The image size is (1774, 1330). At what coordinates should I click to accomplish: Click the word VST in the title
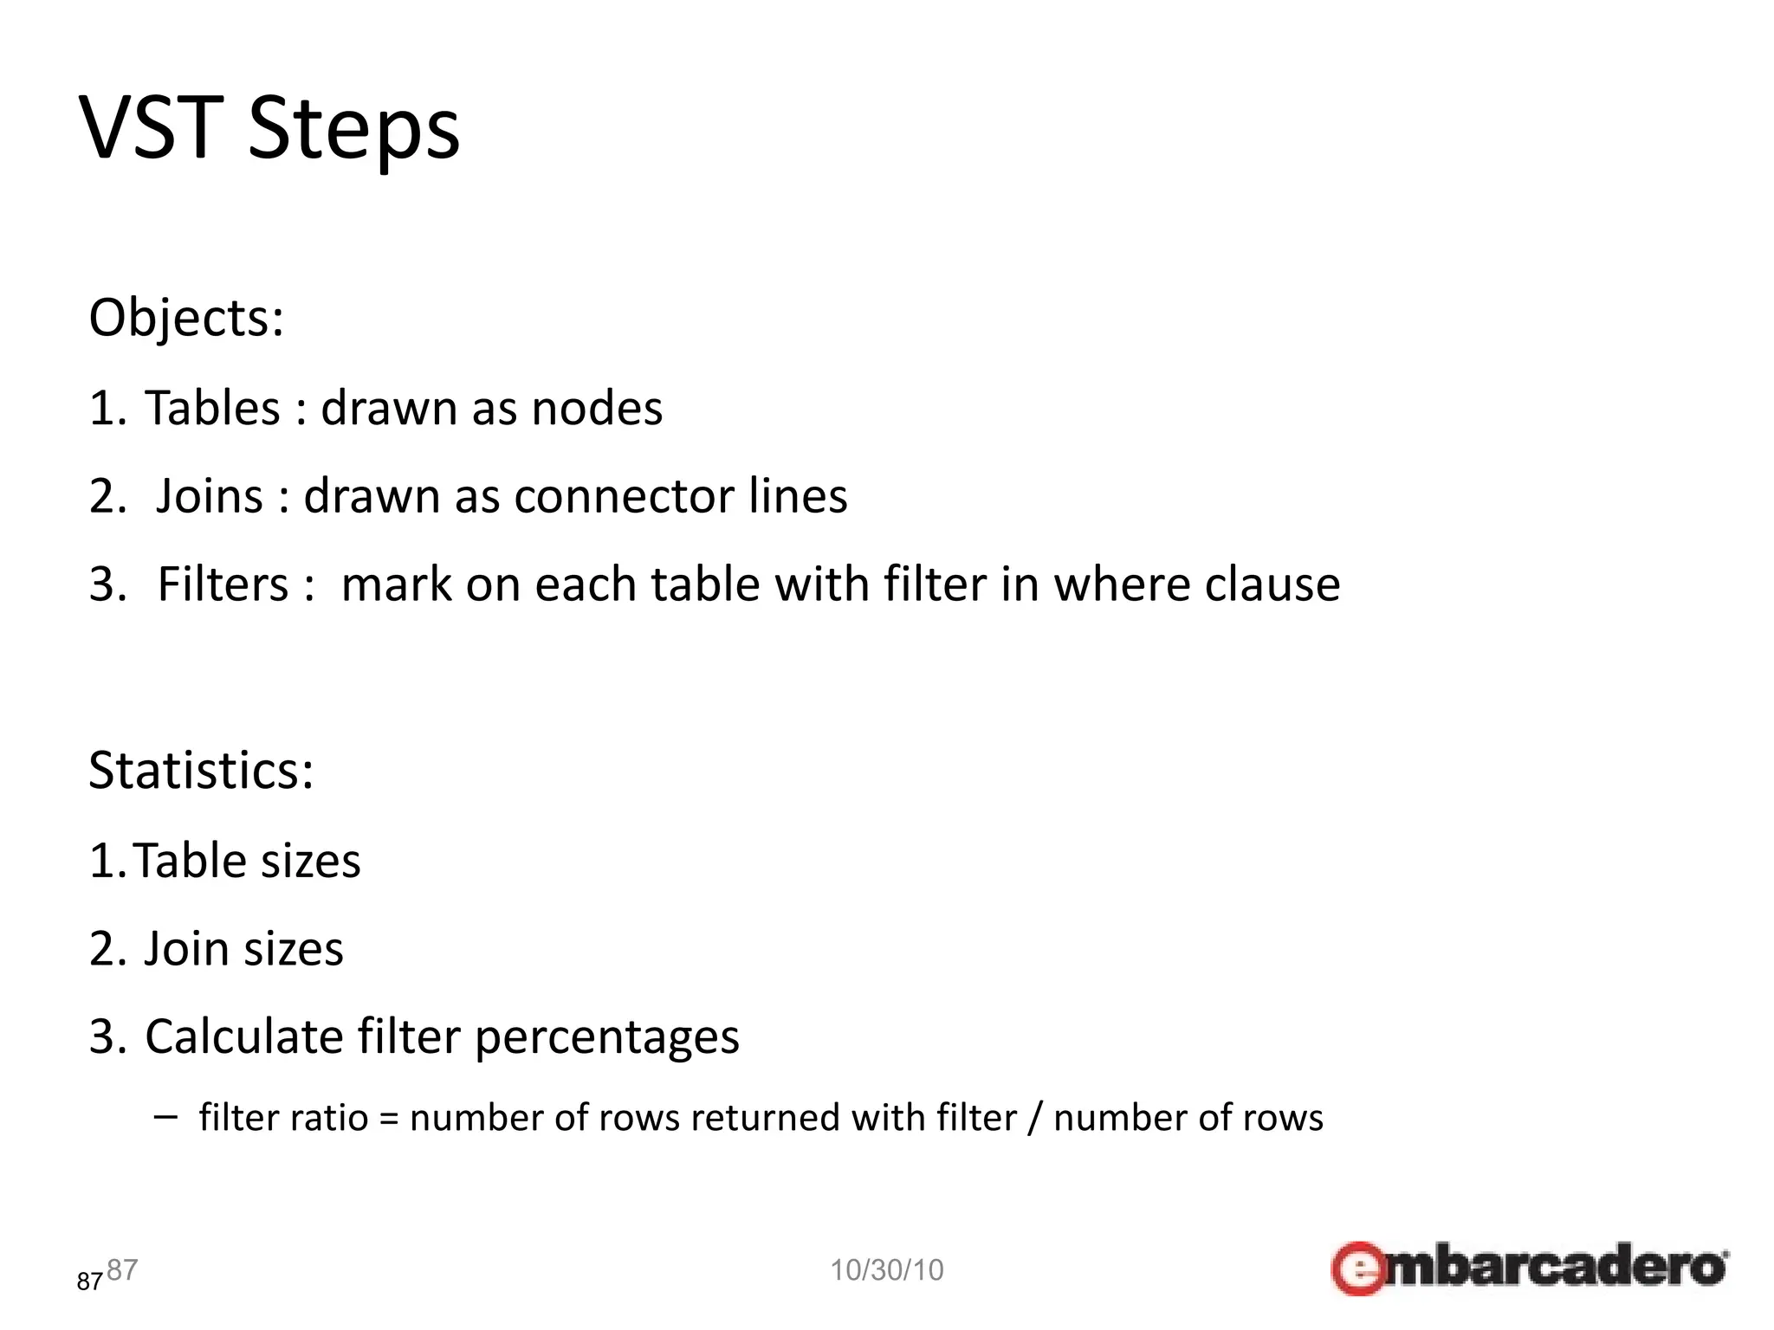click(x=152, y=128)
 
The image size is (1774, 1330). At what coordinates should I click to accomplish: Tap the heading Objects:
click(x=186, y=318)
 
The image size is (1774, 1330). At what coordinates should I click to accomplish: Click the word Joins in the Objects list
click(x=209, y=496)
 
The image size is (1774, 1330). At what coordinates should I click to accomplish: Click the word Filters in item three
click(x=223, y=584)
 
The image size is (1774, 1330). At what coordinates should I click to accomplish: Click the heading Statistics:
click(x=201, y=770)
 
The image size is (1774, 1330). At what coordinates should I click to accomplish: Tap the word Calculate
click(x=243, y=1036)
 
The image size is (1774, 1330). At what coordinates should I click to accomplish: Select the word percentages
click(x=606, y=1038)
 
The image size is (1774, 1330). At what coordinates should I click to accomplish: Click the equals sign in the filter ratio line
click(x=389, y=1119)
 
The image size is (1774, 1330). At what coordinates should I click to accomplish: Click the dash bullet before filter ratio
click(x=165, y=1116)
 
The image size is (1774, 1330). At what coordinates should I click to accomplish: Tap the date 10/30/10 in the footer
click(x=886, y=1269)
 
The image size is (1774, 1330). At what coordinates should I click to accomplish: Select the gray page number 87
click(x=122, y=1269)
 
